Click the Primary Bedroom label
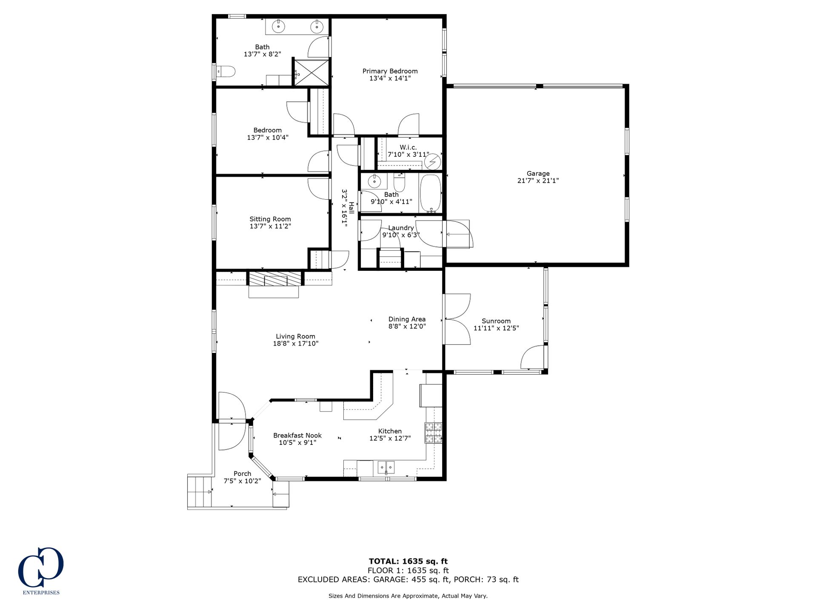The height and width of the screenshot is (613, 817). coord(390,71)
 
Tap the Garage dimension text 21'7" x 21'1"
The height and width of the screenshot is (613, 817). coord(538,180)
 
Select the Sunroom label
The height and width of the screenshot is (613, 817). coord(496,321)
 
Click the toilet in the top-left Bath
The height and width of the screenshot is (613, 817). coord(226,72)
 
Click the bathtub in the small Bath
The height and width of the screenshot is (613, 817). coord(431,193)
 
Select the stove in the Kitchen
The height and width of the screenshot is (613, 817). coord(433,433)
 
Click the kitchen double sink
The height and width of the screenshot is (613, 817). coord(386,467)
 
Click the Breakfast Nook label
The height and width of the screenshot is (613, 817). coord(297,435)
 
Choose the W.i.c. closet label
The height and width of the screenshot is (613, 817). coord(408,147)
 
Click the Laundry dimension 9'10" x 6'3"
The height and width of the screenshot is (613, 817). coord(401,235)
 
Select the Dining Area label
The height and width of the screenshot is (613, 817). coord(407,319)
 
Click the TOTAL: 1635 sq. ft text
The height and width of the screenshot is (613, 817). coord(408,561)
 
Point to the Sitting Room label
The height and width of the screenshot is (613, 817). coord(270,219)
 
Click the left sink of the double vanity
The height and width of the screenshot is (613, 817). coord(278,26)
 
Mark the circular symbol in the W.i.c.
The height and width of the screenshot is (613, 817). coord(433,162)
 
